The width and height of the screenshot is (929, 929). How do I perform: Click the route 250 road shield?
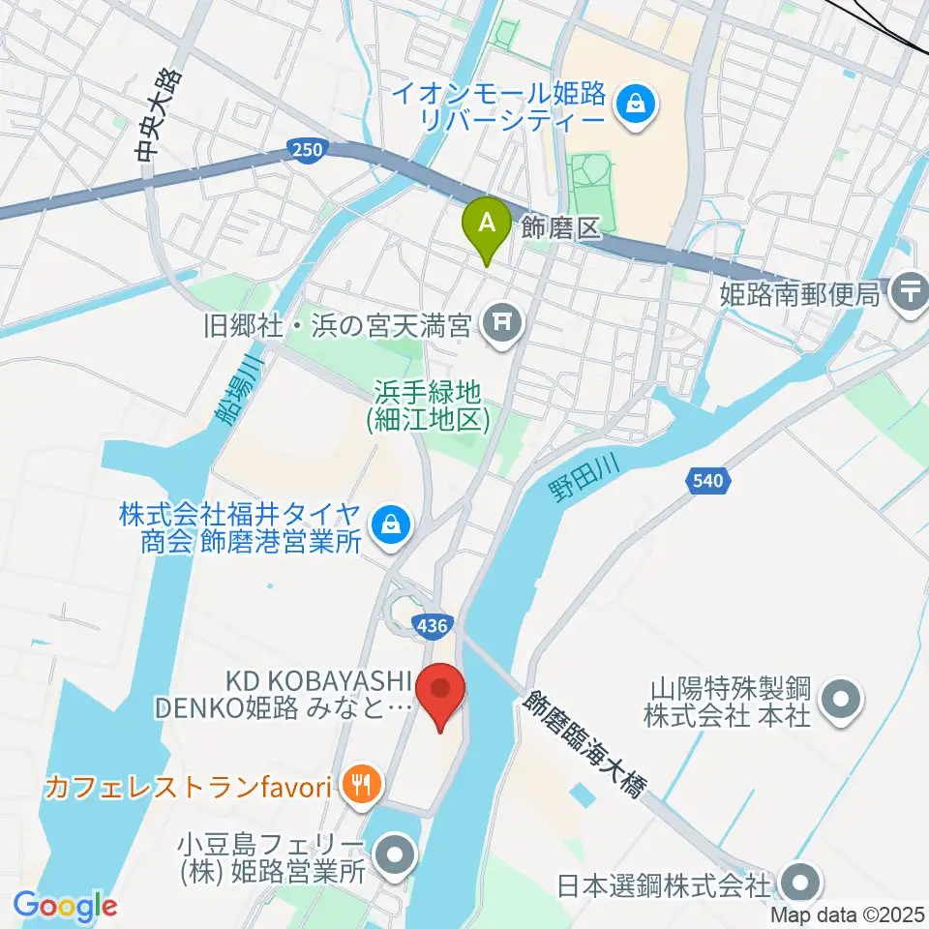(305, 148)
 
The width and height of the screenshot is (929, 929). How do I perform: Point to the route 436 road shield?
(428, 627)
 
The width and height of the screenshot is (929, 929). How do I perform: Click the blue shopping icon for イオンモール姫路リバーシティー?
(637, 100)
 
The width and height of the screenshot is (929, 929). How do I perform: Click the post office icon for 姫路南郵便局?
(909, 289)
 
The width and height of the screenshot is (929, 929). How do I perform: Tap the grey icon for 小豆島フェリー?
(394, 855)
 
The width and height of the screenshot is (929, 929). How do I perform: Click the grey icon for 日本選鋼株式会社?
(802, 883)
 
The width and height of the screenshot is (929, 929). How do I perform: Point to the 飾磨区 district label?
(561, 227)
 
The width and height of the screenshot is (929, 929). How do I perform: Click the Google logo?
(65, 907)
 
